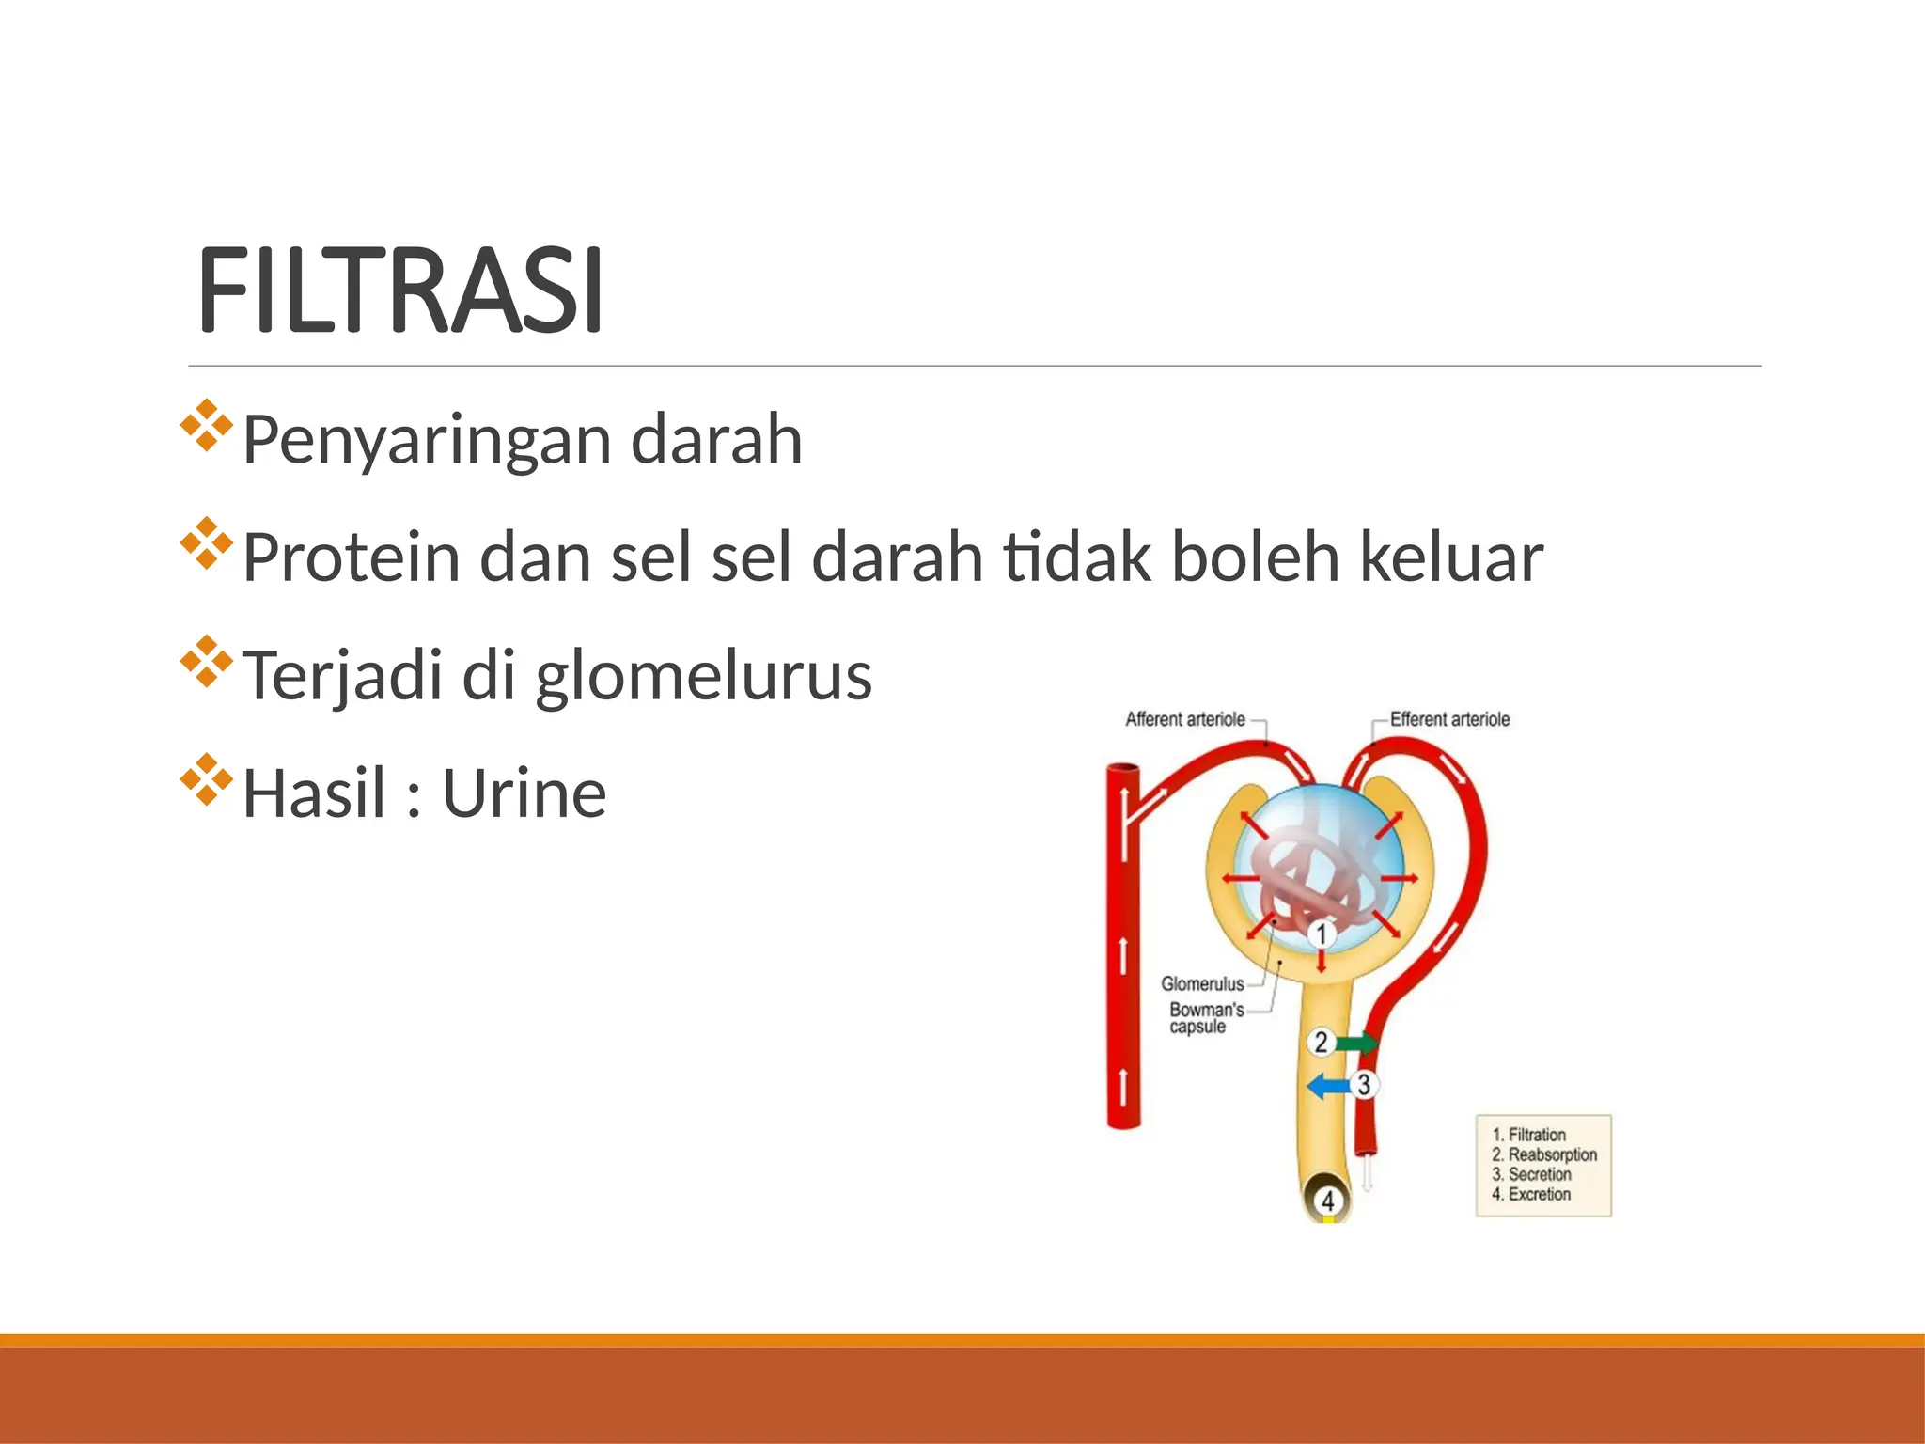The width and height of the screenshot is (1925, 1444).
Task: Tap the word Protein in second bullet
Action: pyautogui.click(x=352, y=557)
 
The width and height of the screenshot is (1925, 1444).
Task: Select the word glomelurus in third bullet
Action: pyautogui.click(x=703, y=676)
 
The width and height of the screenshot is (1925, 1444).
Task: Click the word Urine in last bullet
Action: pyautogui.click(x=524, y=794)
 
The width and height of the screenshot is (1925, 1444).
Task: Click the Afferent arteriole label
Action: pyautogui.click(x=1184, y=719)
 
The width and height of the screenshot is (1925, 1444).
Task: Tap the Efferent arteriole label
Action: pyautogui.click(x=1449, y=719)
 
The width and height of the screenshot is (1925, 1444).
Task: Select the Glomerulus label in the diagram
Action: pyautogui.click(x=1201, y=984)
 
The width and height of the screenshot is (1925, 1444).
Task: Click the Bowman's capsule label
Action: pyautogui.click(x=1205, y=1018)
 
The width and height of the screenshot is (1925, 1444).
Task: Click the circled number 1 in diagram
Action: pyautogui.click(x=1322, y=934)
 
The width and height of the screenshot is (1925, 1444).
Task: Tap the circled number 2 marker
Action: pyautogui.click(x=1321, y=1042)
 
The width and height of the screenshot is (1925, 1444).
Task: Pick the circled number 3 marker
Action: pyautogui.click(x=1364, y=1085)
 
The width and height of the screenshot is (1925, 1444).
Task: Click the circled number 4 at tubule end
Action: pyautogui.click(x=1327, y=1201)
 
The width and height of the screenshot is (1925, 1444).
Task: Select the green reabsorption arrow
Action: pyautogui.click(x=1356, y=1043)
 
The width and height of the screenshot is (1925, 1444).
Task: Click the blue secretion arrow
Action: pyautogui.click(x=1328, y=1086)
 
